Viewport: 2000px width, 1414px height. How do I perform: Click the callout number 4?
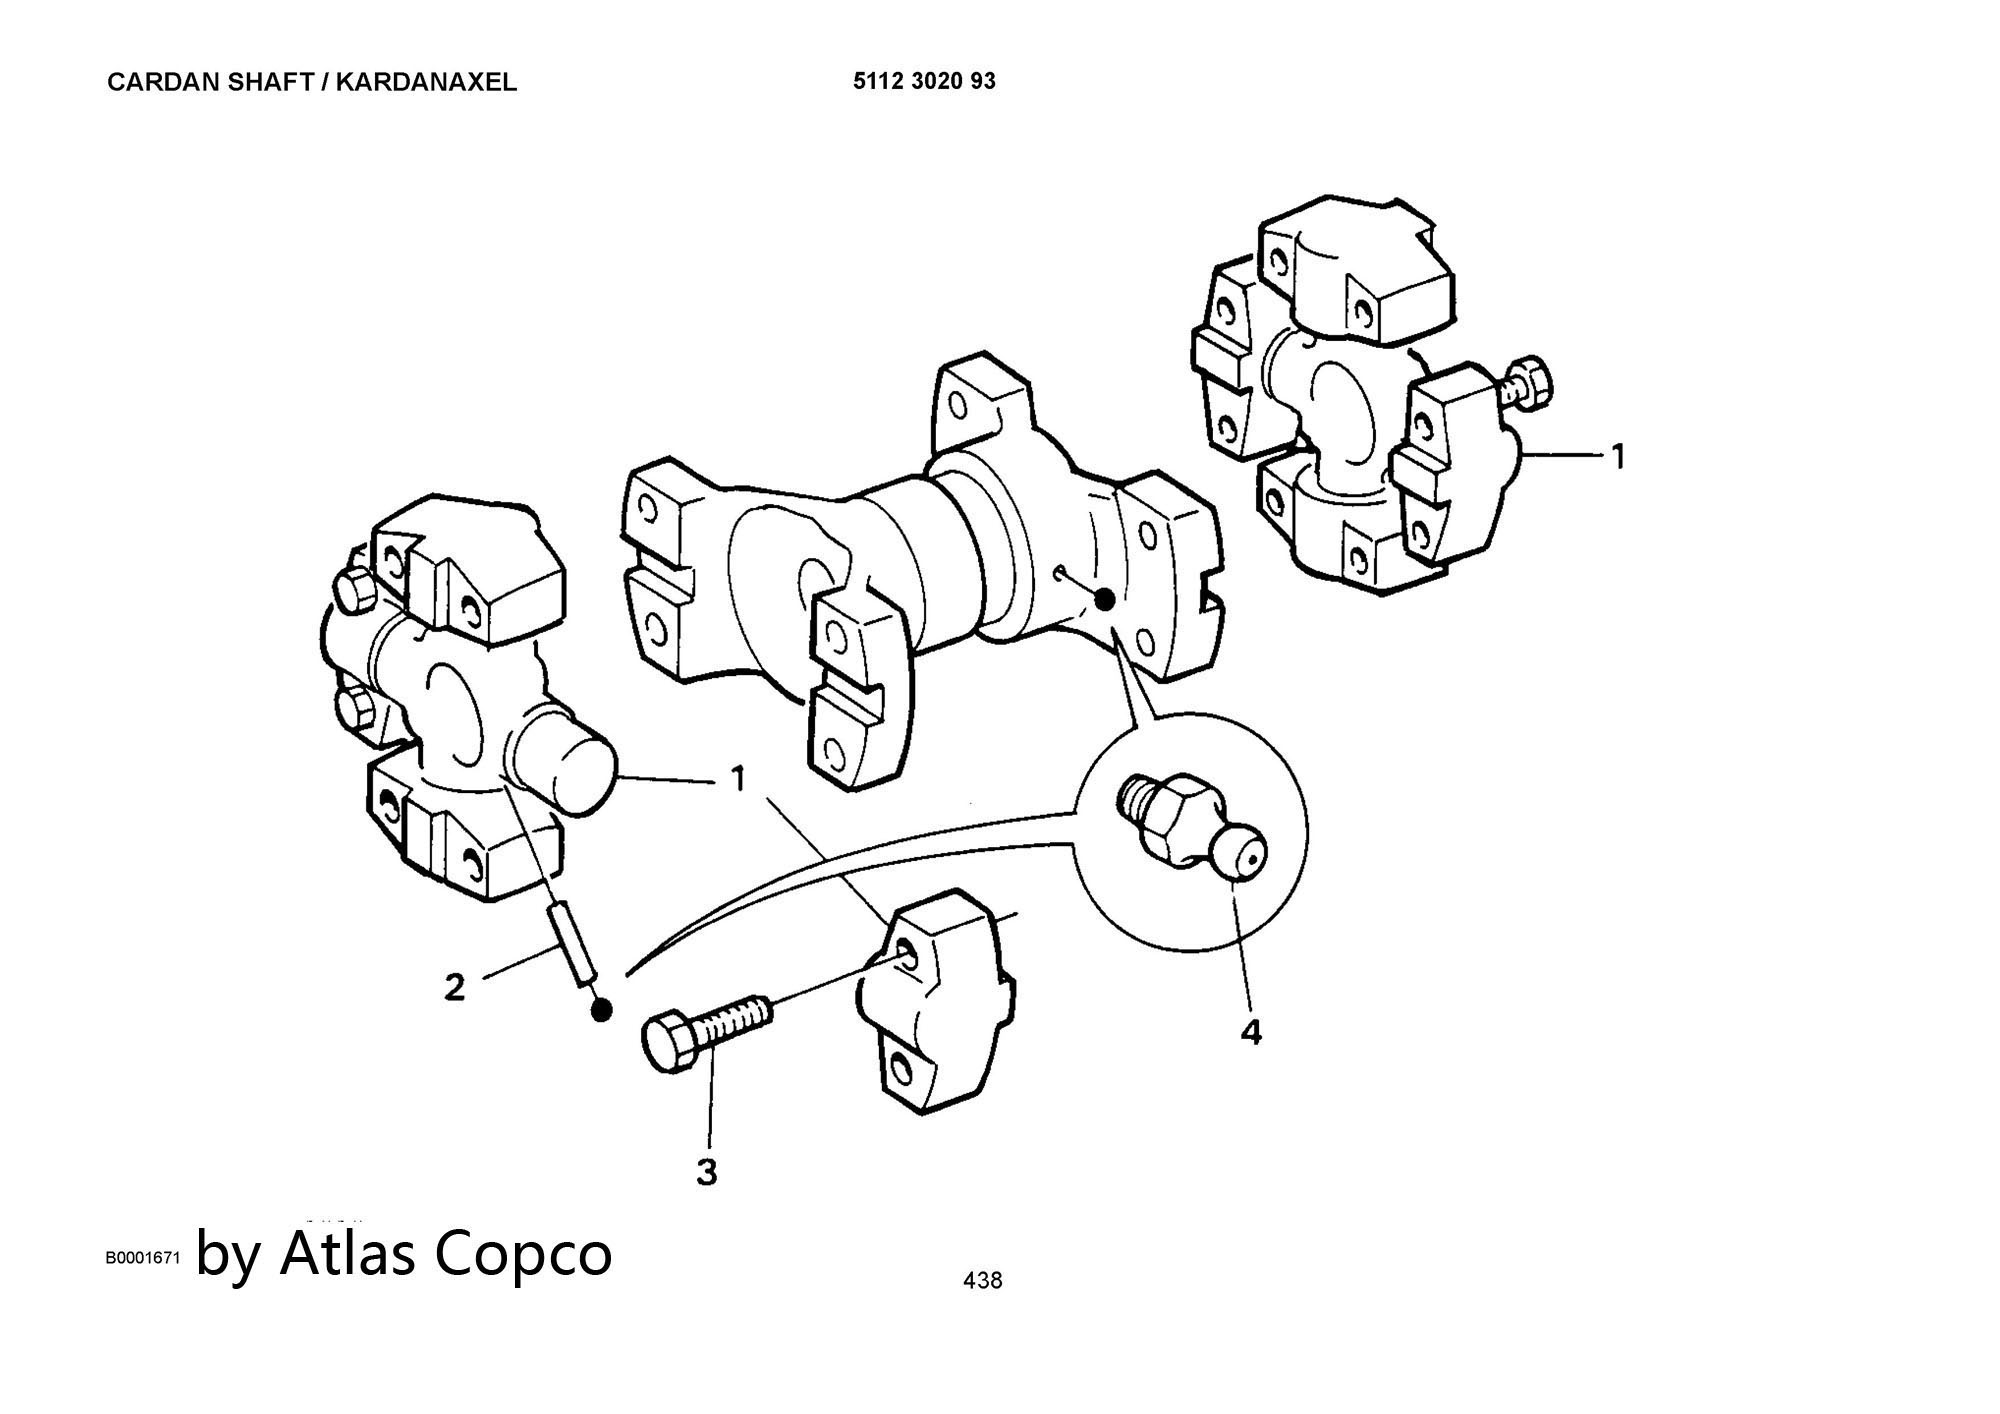[x=1250, y=1031]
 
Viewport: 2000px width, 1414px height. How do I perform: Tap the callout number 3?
[x=707, y=1171]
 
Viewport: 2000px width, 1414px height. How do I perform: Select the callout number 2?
[x=455, y=988]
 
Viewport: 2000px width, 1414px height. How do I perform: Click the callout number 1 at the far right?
[x=1617, y=457]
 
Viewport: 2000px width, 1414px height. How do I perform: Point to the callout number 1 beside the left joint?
[x=738, y=778]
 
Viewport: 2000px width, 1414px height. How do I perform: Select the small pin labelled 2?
[x=572, y=942]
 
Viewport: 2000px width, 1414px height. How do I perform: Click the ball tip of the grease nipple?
[x=1239, y=856]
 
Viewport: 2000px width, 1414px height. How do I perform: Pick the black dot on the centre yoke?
[x=1104, y=599]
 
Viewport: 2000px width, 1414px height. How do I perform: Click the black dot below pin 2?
[x=601, y=1011]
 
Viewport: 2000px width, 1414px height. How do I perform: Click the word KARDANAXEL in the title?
[x=426, y=83]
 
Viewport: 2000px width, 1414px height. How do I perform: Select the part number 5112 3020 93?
[x=924, y=82]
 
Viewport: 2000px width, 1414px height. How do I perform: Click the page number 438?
[x=982, y=1280]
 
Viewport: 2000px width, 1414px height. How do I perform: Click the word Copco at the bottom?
[x=524, y=1254]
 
